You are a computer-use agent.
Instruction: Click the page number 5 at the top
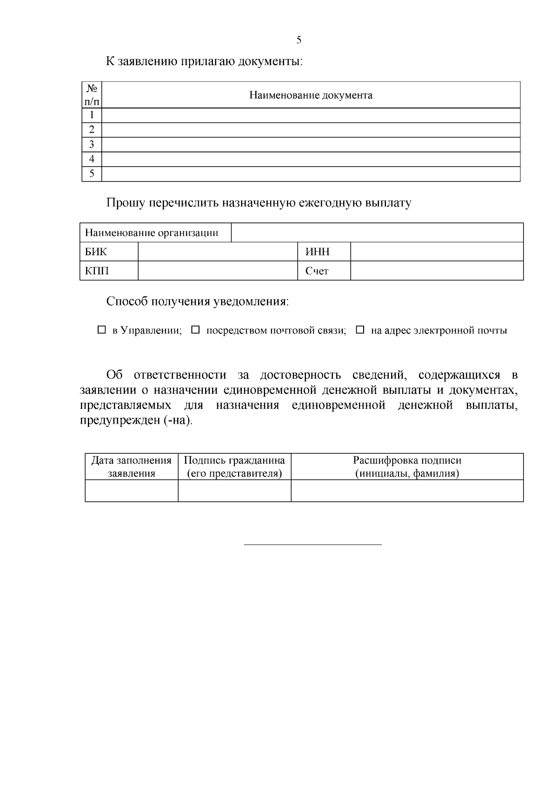pos(299,40)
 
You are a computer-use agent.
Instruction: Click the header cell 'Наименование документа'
pos(311,95)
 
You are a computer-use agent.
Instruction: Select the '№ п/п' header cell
pos(92,95)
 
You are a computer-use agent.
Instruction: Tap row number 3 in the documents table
pos(92,144)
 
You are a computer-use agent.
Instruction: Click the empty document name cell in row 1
pos(311,115)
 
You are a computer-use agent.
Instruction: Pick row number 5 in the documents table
pos(92,174)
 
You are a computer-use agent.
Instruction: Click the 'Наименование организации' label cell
pos(152,233)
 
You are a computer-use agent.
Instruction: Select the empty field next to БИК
pos(218,252)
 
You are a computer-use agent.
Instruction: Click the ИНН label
pos(318,252)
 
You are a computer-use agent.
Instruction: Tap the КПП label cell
pos(97,271)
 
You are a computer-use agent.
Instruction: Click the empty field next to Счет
pos(436,271)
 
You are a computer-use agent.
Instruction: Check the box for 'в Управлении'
pos(102,330)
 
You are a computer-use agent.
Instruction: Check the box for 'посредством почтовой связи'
pos(196,330)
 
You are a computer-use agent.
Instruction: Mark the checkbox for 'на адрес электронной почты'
pos(360,330)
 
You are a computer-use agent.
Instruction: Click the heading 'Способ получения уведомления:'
pos(198,302)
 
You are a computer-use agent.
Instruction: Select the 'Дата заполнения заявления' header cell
pos(132,467)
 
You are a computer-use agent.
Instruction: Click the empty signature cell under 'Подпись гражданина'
pos(234,491)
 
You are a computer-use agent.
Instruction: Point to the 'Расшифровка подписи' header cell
pos(407,467)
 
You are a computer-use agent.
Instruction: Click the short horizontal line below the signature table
pos(312,544)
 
